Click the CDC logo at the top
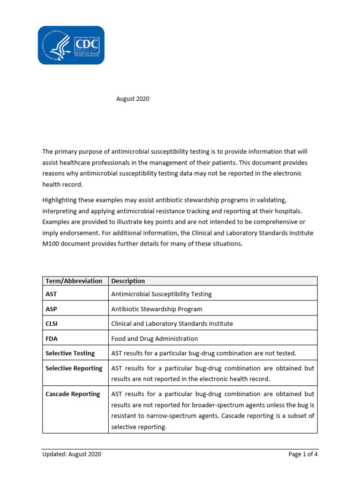pos(71,45)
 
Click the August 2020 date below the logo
pos(133,99)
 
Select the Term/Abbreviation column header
pos(74,281)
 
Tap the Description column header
pos(128,281)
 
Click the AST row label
pos(51,294)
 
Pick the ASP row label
pos(51,309)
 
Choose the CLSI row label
pos(52,323)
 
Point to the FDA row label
pos(52,338)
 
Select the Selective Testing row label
pos(70,353)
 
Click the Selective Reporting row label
pos(74,368)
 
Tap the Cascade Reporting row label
pos(73,394)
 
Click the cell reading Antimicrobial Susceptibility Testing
pos(161,294)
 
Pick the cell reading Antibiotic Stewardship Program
pos(157,309)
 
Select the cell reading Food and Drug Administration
pos(154,338)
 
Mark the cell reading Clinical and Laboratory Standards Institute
pos(172,323)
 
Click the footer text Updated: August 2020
pos(71,454)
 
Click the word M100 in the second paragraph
pos(51,244)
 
